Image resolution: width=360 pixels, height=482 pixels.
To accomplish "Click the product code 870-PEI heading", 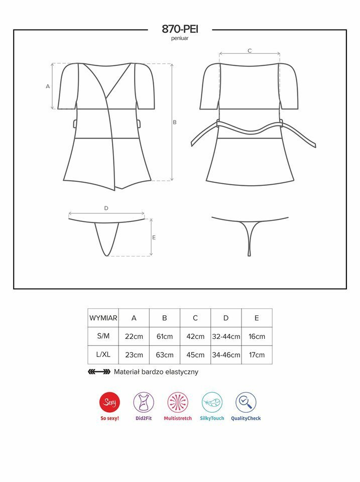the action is pyautogui.click(x=180, y=29).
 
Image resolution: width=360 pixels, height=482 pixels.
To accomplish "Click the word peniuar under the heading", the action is pyautogui.click(x=180, y=39).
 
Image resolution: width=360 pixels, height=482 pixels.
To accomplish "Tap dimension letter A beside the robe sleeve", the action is pyautogui.click(x=48, y=86).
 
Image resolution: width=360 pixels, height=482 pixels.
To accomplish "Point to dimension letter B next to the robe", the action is pyautogui.click(x=175, y=122).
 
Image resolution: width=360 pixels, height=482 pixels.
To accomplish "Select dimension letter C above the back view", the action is pyautogui.click(x=250, y=51).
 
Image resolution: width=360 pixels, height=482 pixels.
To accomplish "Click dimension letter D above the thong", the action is pyautogui.click(x=106, y=208).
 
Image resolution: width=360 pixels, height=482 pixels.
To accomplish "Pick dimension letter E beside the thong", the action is pyautogui.click(x=154, y=237).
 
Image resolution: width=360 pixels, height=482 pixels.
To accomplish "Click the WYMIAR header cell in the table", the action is pyautogui.click(x=103, y=318).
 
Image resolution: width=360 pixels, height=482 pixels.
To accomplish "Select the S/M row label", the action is pyautogui.click(x=103, y=336).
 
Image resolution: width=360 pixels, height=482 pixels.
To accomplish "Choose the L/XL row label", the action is pyautogui.click(x=103, y=354).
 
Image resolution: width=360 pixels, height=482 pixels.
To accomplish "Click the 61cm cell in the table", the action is pyautogui.click(x=165, y=336).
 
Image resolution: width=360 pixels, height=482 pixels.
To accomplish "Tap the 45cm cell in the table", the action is pyautogui.click(x=195, y=355).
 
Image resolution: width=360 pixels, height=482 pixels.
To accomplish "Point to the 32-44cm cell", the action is pyautogui.click(x=226, y=336).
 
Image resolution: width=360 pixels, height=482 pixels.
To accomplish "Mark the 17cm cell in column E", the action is pyautogui.click(x=257, y=355).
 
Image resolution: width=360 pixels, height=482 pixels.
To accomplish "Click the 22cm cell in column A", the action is pyautogui.click(x=134, y=336).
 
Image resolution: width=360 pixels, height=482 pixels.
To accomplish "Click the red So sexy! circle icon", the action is pyautogui.click(x=110, y=402).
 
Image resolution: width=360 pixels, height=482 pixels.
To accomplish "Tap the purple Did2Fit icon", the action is pyautogui.click(x=144, y=402).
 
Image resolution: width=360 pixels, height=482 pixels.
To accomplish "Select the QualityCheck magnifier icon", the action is pyautogui.click(x=246, y=402).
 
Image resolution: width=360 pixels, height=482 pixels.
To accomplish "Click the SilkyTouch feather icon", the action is pyautogui.click(x=212, y=402).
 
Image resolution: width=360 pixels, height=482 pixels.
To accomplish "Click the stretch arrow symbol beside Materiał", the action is pyautogui.click(x=99, y=372).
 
